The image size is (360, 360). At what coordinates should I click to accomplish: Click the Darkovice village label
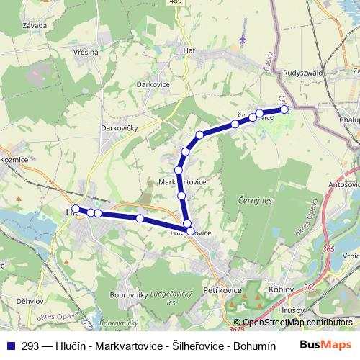point(152,84)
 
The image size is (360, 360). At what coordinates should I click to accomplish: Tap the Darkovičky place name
point(120,128)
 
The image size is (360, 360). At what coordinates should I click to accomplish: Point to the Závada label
point(35,25)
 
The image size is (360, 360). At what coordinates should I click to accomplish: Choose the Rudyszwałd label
point(304,73)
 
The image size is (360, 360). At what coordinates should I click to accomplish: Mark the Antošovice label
point(343,185)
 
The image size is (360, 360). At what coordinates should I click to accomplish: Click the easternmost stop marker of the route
point(284,109)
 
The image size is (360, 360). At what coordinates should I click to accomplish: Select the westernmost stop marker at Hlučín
point(75,210)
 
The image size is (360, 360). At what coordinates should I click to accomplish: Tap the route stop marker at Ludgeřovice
point(191,231)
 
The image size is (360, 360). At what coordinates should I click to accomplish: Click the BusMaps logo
point(325,345)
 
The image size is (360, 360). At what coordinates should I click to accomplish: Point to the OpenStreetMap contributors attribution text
point(297,323)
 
